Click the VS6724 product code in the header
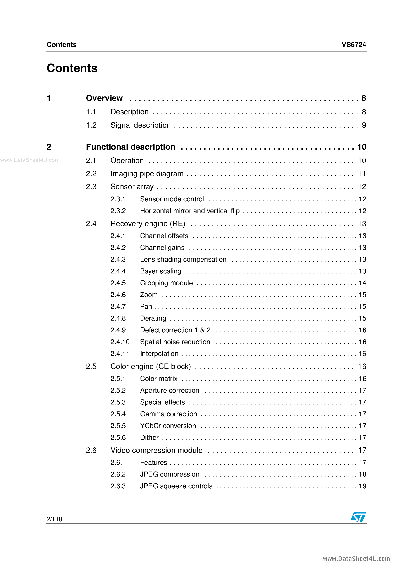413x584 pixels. coord(353,45)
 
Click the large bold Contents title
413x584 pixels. coord(72,68)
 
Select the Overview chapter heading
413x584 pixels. coord(104,98)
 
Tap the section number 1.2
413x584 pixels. coord(91,125)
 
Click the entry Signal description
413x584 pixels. coord(140,125)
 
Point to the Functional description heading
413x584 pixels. coord(130,147)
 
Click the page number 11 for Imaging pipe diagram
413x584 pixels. coord(362,174)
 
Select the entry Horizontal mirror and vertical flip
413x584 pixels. coord(190,211)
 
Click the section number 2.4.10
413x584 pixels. coord(120,342)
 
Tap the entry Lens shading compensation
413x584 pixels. coord(183,259)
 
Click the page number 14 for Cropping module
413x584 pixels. coord(362,283)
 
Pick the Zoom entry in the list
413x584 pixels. coord(149,295)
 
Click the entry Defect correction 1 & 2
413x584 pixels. coord(175,330)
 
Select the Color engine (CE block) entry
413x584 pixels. coord(151,366)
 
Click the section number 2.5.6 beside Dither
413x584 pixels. coord(118,437)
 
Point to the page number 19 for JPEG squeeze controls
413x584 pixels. coord(362,486)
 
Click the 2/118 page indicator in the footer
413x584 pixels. coord(54,519)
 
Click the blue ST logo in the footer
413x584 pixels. coord(358,517)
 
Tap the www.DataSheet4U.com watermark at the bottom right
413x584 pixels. coord(356,559)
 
